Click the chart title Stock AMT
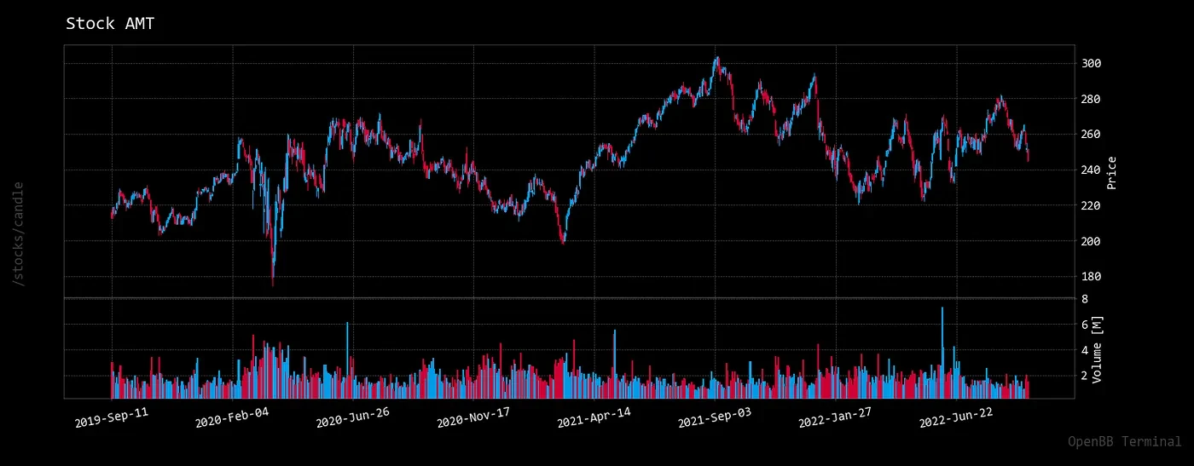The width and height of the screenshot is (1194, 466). tap(110, 24)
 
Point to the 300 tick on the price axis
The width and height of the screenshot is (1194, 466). tap(1092, 64)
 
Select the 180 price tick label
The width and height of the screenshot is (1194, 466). tap(1092, 277)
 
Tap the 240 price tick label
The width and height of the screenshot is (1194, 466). tap(1092, 170)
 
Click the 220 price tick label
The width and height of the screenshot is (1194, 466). tap(1092, 206)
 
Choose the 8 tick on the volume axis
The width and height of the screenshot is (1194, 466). tap(1084, 299)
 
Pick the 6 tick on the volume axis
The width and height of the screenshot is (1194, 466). tap(1084, 325)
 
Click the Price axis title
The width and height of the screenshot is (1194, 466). tap(1111, 173)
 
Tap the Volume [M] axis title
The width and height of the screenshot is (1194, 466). tap(1098, 349)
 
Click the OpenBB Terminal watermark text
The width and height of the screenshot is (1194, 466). tap(1124, 441)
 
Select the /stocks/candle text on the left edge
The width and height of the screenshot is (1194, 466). tap(19, 233)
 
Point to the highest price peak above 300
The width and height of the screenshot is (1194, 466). tap(717, 59)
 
